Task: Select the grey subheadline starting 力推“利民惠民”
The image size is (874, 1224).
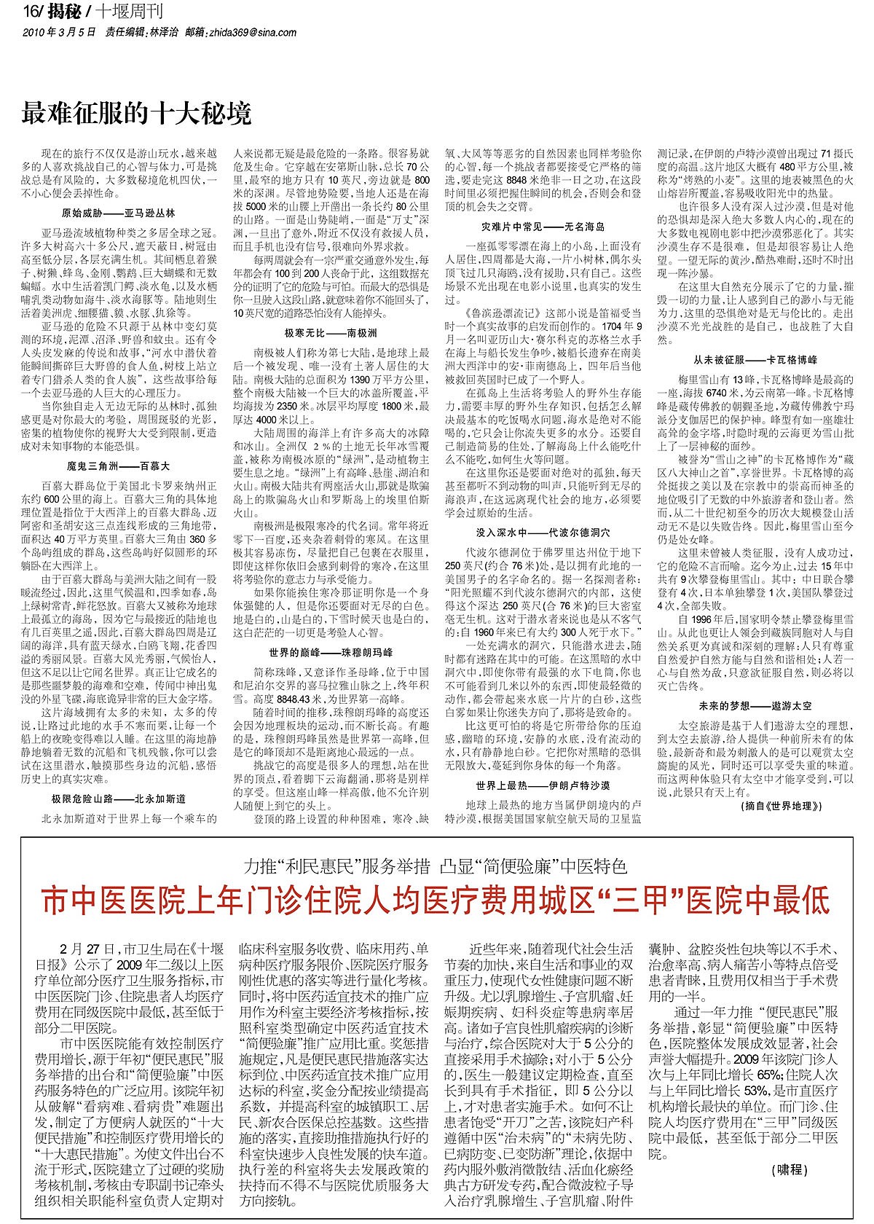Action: click(436, 866)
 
